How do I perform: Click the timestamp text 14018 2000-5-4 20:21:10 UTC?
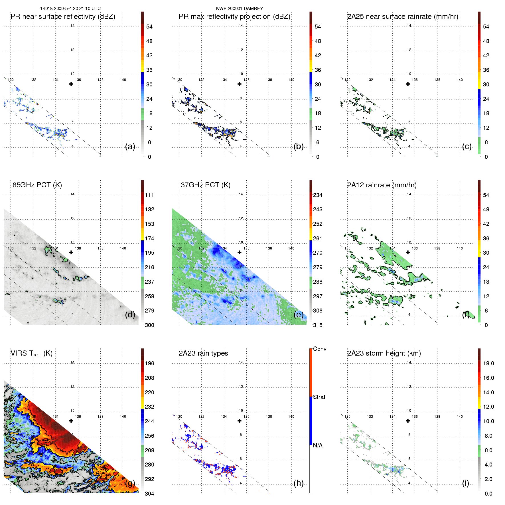pyautogui.click(x=70, y=9)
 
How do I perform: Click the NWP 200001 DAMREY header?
pyautogui.click(x=239, y=9)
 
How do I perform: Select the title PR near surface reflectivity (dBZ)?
pyautogui.click(x=63, y=17)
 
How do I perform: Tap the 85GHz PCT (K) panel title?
pyautogui.click(x=37, y=185)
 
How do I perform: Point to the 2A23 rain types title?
pyautogui.click(x=203, y=353)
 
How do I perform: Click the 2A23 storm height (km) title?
pyautogui.click(x=384, y=353)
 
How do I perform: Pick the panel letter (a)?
pyautogui.click(x=130, y=147)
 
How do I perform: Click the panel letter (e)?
pyautogui.click(x=299, y=315)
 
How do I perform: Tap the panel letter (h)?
pyautogui.click(x=299, y=483)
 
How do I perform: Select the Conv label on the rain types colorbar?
pyautogui.click(x=320, y=349)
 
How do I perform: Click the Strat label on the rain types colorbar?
pyautogui.click(x=319, y=397)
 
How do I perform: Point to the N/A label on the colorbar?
pyautogui.click(x=318, y=445)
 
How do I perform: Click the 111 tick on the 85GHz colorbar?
pyautogui.click(x=149, y=195)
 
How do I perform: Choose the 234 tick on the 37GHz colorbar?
pyautogui.click(x=318, y=195)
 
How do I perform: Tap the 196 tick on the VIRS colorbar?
pyautogui.click(x=149, y=363)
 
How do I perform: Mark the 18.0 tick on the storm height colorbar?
pyautogui.click(x=488, y=363)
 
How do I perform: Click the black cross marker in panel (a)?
pyautogui.click(x=71, y=84)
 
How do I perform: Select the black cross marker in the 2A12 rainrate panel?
pyautogui.click(x=408, y=252)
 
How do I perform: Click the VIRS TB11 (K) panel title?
pyautogui.click(x=31, y=354)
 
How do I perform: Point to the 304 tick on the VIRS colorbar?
pyautogui.click(x=149, y=494)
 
